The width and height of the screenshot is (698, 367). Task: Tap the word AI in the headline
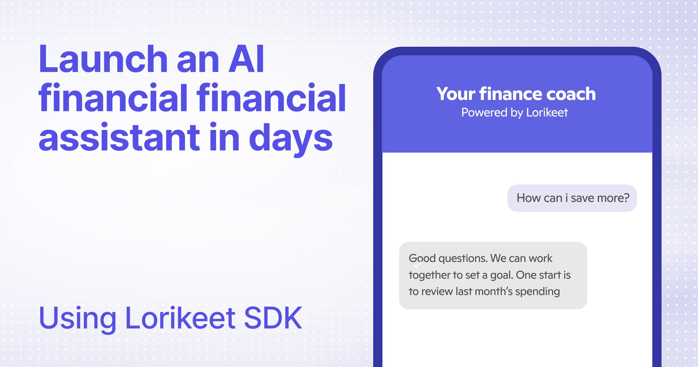coord(246,60)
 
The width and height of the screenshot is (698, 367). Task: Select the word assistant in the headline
coord(119,138)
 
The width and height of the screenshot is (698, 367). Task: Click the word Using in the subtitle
coord(77,319)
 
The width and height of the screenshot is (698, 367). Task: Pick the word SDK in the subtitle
coord(273,318)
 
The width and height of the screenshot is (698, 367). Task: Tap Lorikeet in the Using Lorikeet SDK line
coord(180,318)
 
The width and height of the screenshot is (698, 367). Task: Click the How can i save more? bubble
coord(572,198)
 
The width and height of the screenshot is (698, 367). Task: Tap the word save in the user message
coord(582,198)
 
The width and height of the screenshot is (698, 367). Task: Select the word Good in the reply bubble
coord(422,259)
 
